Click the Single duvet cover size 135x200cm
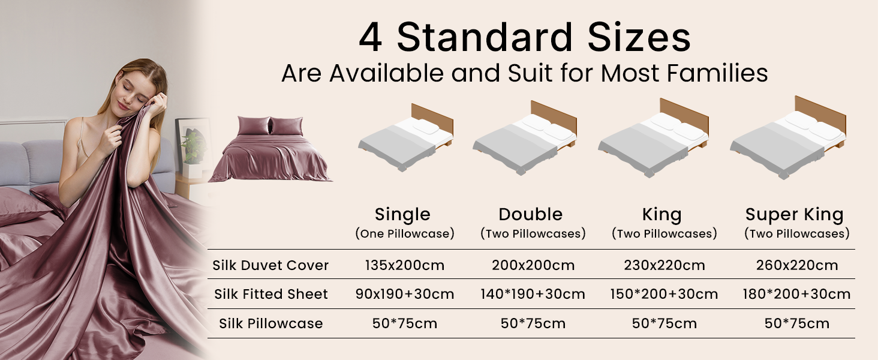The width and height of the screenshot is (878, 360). point(404,265)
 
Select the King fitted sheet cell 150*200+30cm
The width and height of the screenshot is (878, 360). point(664,294)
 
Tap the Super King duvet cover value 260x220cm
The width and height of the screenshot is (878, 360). point(797,265)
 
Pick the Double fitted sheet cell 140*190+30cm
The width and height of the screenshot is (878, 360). point(533,294)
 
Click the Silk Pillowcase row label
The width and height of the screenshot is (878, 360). point(271,323)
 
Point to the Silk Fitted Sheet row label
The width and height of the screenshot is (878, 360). point(271,294)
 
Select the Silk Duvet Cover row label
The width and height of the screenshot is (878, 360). point(270,265)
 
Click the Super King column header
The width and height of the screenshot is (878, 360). point(795,215)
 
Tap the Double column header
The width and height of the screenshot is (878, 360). point(531,215)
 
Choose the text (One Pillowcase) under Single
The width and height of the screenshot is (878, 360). point(404,234)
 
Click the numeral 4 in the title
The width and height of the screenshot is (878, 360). point(371,38)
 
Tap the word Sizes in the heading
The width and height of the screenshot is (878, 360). point(639,37)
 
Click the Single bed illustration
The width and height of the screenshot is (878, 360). point(405,137)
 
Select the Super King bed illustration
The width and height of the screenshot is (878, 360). point(788,137)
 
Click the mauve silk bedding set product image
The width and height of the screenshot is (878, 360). point(270,149)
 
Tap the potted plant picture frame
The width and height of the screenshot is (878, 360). point(191,145)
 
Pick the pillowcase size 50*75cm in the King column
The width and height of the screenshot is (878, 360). point(664,323)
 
